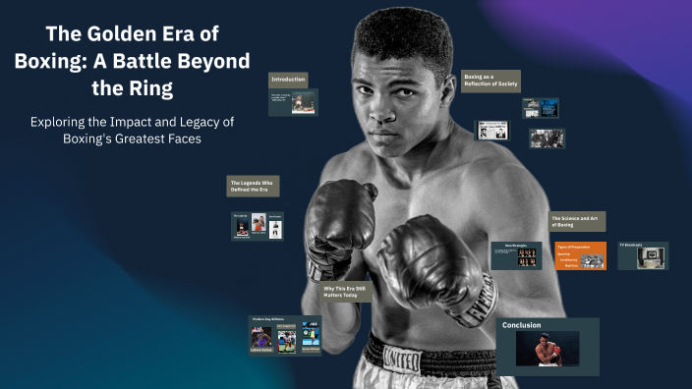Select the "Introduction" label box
tap(288, 79)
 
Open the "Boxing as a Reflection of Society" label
tap(491, 80)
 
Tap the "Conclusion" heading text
tap(522, 325)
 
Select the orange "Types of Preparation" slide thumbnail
tap(580, 255)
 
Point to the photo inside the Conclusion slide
tap(547, 350)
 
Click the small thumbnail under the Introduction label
tap(291, 101)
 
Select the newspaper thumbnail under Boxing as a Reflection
tap(491, 130)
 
